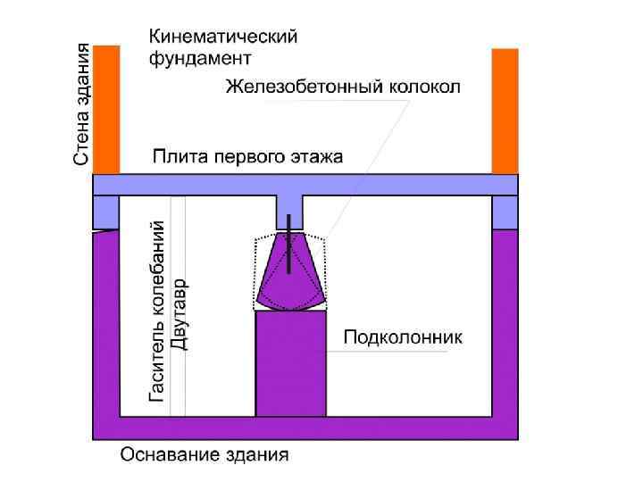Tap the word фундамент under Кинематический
coord(199,59)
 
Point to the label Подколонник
coord(402,337)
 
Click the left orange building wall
coord(106,109)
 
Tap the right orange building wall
coord(505,111)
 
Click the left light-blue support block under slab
coord(106,212)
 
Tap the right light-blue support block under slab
coord(505,212)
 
